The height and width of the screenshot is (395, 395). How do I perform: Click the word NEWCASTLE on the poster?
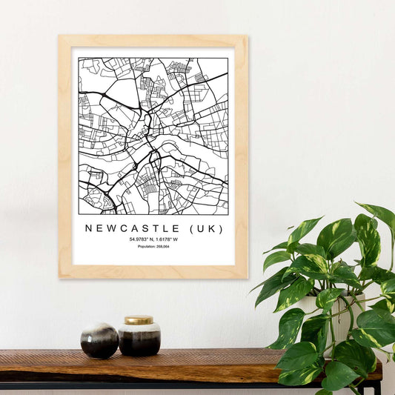(x=131, y=228)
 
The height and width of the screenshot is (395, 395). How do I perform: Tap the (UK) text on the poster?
(x=205, y=228)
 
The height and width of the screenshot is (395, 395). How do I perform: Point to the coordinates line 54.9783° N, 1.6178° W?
(x=153, y=239)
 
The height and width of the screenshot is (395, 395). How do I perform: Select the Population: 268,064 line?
(x=153, y=247)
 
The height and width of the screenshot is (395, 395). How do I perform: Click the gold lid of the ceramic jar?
(x=139, y=320)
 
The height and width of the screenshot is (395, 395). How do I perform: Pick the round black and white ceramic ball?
(x=99, y=340)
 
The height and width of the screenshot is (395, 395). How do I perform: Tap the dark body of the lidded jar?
(x=139, y=341)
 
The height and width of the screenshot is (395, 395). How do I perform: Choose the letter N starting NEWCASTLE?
(x=89, y=228)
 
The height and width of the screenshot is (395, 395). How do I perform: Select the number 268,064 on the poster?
(x=162, y=247)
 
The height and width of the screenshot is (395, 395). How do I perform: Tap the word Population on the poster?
(x=147, y=247)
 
